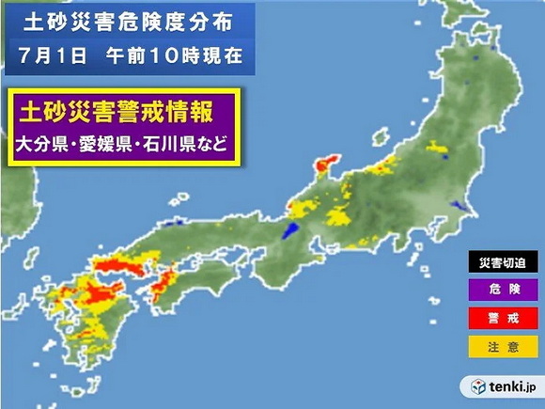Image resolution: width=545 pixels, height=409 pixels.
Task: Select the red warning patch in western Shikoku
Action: tap(165, 278)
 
